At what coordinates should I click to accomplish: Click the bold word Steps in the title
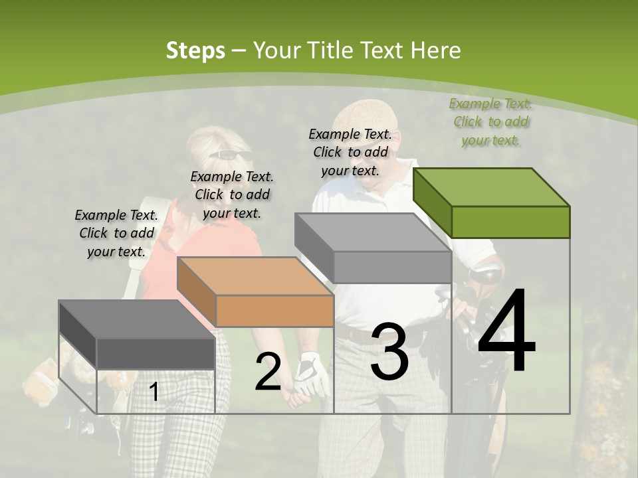point(195,50)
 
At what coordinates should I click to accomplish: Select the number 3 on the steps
point(389,351)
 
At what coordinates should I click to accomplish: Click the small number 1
point(154,392)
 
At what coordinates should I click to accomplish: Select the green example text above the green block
point(490,122)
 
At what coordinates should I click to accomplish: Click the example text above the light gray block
point(350,152)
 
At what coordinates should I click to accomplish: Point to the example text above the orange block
point(232,195)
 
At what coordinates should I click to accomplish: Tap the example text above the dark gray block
point(116,233)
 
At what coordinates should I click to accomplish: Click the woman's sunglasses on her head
point(231,155)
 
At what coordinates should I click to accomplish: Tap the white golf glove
point(310,375)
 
